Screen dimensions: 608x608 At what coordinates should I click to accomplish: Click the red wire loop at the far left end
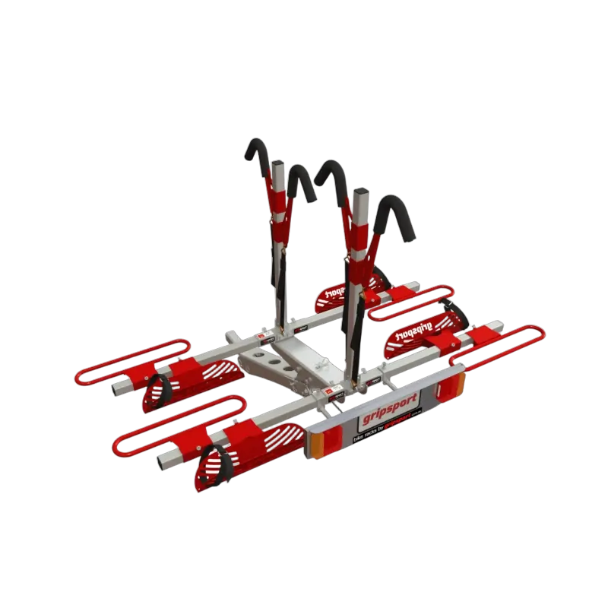click(x=130, y=362)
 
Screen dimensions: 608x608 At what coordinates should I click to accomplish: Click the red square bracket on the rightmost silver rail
click(x=483, y=334)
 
